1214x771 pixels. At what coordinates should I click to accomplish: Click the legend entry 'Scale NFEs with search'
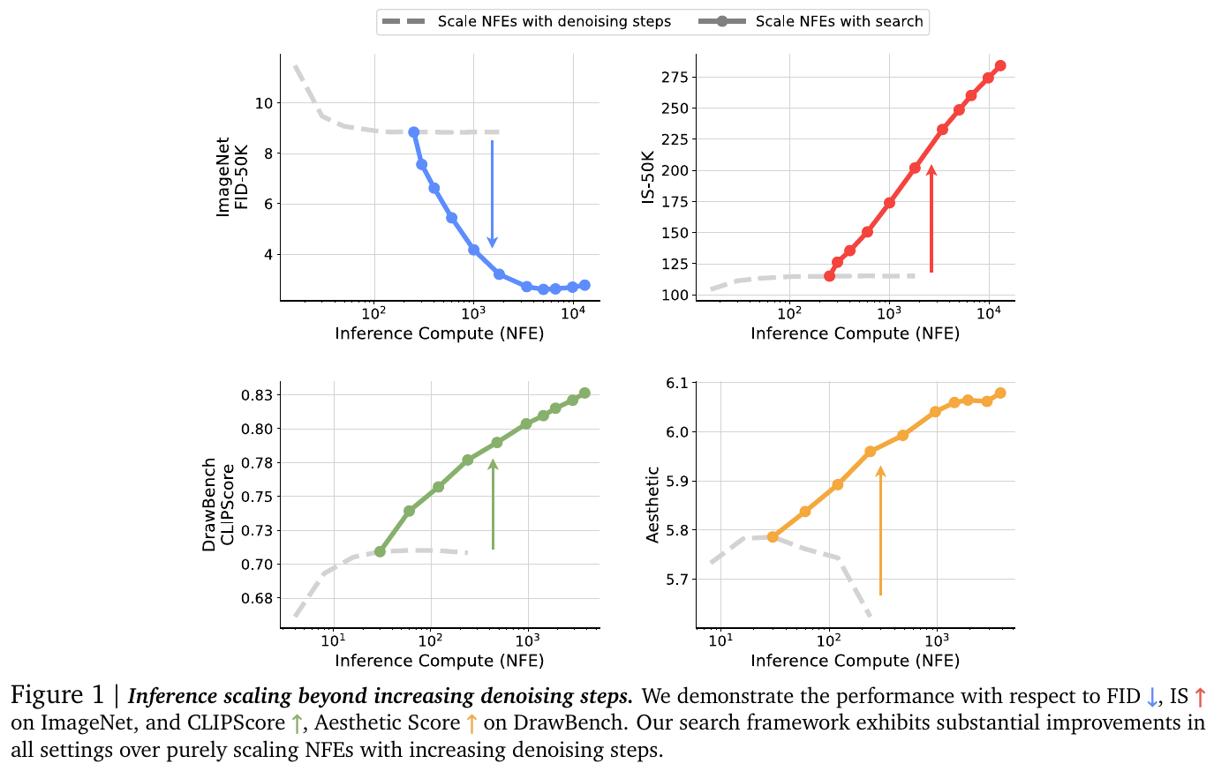(x=839, y=21)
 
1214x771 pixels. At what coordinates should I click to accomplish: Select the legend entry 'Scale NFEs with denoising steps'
(x=554, y=21)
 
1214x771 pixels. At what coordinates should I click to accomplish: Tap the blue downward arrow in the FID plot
(x=493, y=194)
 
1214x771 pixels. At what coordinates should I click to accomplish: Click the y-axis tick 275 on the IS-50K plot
(x=675, y=78)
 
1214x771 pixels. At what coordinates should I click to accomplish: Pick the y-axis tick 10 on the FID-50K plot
(x=264, y=103)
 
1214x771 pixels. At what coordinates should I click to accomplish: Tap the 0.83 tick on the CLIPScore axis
(x=256, y=395)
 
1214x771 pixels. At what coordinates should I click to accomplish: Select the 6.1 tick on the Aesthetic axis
(x=677, y=383)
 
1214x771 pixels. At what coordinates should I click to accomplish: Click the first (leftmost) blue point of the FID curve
(x=413, y=132)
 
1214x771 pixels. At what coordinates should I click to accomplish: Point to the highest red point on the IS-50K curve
(x=1000, y=66)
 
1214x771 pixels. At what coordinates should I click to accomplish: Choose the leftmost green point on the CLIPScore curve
(x=381, y=551)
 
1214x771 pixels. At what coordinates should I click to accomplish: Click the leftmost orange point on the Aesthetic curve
(x=773, y=536)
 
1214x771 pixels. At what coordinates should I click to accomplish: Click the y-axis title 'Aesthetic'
(x=653, y=505)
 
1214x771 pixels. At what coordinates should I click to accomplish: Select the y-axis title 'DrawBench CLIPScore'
(x=218, y=505)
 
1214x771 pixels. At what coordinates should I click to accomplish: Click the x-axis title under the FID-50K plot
(x=440, y=333)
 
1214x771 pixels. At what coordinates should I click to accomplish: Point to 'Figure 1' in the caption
(x=57, y=696)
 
